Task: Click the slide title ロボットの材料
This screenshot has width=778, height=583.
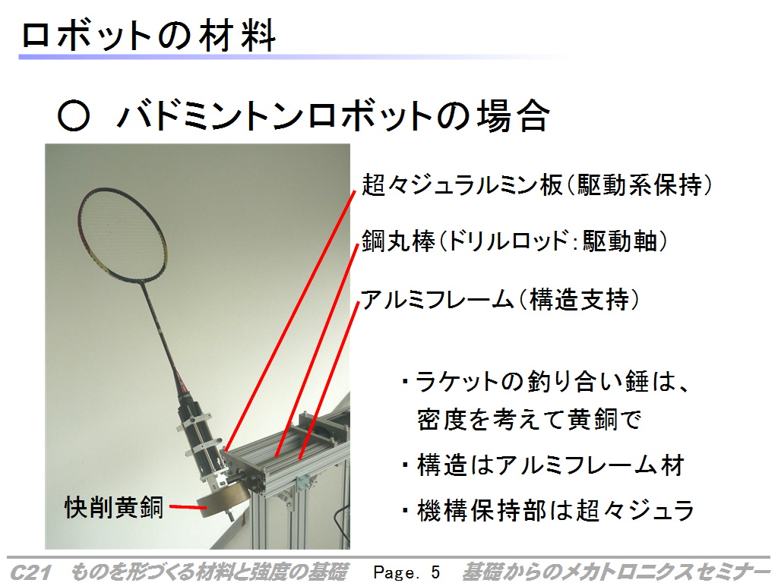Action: (x=148, y=36)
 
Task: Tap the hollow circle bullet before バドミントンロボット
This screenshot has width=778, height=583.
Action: (x=74, y=116)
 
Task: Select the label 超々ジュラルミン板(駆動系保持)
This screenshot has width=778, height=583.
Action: (x=537, y=185)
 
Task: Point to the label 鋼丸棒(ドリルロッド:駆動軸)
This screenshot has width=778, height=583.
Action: (x=514, y=241)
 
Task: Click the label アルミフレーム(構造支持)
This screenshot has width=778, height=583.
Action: (x=500, y=299)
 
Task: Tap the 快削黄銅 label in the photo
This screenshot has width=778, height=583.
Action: (x=114, y=508)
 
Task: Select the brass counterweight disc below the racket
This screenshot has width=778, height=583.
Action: (x=223, y=500)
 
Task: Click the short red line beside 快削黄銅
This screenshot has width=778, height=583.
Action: (x=188, y=507)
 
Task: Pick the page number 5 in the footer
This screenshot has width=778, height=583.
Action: (x=435, y=572)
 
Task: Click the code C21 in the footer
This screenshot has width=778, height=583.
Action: (x=30, y=572)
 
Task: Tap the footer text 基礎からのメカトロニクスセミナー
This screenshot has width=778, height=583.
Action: (x=615, y=572)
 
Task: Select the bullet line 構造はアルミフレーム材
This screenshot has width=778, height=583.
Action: (x=544, y=465)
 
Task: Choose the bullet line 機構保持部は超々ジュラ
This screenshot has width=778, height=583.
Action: (x=549, y=511)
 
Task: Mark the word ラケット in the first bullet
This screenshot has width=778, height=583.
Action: (x=457, y=382)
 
